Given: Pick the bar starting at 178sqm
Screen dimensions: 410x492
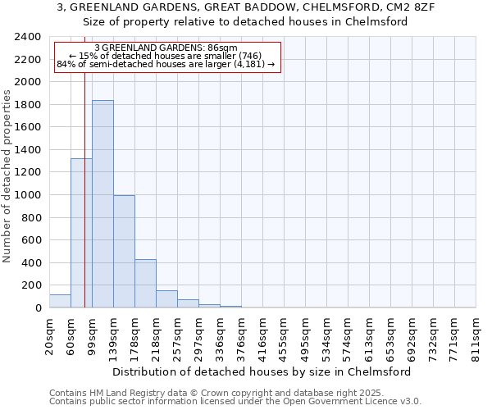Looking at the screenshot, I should [x=145, y=284].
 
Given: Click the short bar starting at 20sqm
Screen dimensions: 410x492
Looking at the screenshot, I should [x=60, y=301].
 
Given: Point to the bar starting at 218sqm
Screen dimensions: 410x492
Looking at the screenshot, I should [x=166, y=299].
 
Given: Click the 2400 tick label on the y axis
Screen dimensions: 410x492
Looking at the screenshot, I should [x=28, y=37].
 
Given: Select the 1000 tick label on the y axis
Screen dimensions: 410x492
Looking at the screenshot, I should [x=28, y=195].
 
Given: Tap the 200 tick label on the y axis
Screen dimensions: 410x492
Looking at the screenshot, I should [x=31, y=285].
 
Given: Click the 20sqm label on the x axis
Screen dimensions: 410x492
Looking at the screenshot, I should [x=49, y=335].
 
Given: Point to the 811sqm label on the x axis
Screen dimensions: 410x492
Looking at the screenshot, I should [x=476, y=335].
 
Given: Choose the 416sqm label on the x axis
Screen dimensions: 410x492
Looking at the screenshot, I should [x=262, y=335].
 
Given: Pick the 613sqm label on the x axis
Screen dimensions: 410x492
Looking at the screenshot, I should [x=369, y=335].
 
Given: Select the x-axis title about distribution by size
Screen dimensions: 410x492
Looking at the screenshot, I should [x=262, y=371].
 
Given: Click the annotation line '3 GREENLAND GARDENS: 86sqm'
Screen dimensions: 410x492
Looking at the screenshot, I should [x=166, y=48].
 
